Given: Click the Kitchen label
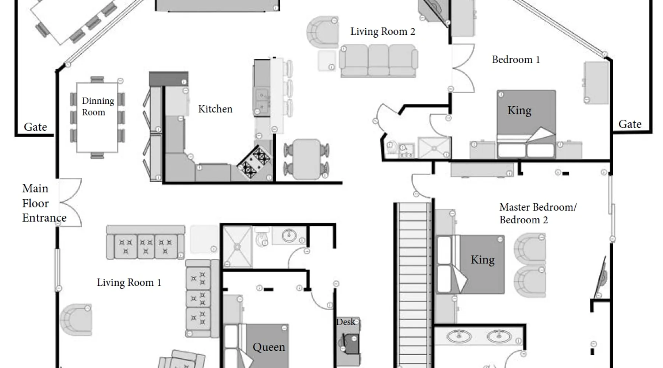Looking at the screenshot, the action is [x=215, y=109].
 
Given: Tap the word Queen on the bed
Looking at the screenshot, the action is [x=269, y=347].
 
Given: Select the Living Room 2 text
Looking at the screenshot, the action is [x=383, y=32].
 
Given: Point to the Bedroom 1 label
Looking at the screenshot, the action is [x=516, y=60].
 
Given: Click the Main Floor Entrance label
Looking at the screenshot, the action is [x=44, y=203].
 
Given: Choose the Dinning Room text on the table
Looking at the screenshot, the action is [x=98, y=106].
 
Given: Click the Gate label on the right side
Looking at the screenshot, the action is [x=630, y=124].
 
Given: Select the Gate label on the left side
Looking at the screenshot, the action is [x=35, y=127].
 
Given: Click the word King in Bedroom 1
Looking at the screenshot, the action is [x=519, y=110].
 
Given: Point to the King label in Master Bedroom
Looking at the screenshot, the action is [x=483, y=260].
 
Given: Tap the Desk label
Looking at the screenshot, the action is [x=345, y=322].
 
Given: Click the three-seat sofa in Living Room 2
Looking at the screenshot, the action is [x=378, y=61].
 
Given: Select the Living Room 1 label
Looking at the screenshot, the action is [x=129, y=283].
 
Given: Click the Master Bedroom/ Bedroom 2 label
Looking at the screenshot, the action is [x=538, y=213].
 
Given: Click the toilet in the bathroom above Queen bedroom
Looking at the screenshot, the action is [x=262, y=237].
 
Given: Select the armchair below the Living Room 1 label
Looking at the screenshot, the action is [x=76, y=319].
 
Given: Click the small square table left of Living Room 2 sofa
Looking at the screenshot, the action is [x=327, y=61].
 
